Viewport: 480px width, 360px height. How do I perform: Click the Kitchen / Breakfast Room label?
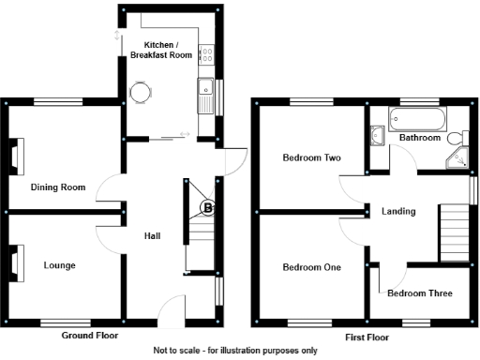(x=168, y=50)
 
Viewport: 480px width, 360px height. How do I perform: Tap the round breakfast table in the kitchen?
(x=141, y=92)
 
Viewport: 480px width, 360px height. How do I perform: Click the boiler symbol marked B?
(x=208, y=206)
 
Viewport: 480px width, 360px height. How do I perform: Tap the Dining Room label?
(x=58, y=187)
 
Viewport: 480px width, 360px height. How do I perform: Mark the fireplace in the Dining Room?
(x=16, y=156)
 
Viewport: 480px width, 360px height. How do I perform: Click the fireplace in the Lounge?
(x=16, y=263)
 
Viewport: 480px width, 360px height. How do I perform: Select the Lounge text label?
(x=59, y=265)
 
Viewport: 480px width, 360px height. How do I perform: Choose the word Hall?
(x=151, y=235)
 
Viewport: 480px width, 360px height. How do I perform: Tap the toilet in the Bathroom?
(x=457, y=138)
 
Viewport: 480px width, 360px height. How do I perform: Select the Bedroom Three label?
(x=419, y=293)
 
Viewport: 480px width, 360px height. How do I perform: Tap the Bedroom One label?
(x=311, y=267)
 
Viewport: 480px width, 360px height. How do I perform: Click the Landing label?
(x=398, y=211)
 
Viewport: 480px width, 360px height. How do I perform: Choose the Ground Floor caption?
(x=90, y=335)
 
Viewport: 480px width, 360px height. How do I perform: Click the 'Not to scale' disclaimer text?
(x=235, y=351)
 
